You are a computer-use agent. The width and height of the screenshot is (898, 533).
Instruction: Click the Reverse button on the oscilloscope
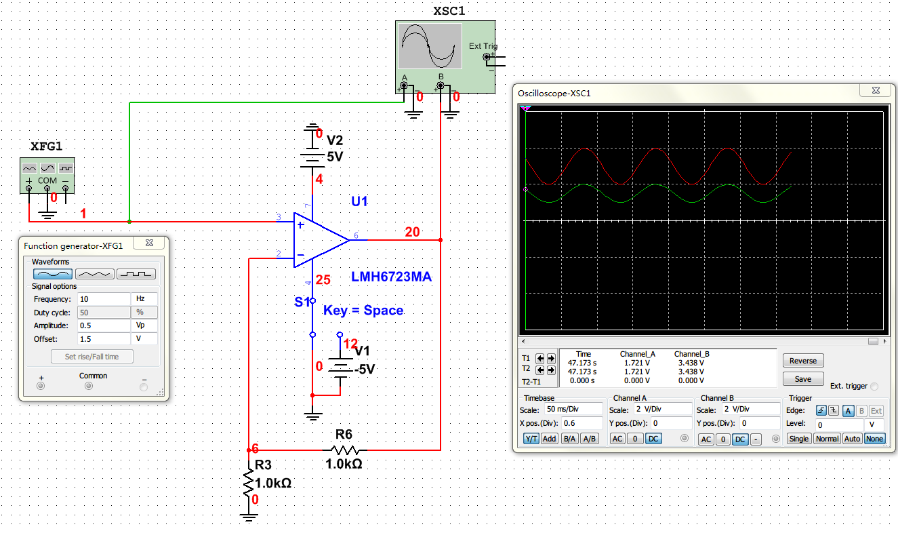point(803,361)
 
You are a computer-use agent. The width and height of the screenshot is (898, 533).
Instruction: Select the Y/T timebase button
point(531,439)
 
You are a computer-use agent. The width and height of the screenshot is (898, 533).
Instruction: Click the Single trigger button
point(799,439)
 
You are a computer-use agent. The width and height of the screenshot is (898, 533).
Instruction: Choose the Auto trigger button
point(853,439)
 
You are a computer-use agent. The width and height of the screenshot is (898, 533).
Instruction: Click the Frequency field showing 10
point(103,299)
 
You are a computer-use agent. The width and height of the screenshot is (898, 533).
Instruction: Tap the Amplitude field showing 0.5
point(103,325)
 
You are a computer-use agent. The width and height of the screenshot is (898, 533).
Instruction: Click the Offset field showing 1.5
point(103,339)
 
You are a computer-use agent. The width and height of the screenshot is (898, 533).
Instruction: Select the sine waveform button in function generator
point(53,274)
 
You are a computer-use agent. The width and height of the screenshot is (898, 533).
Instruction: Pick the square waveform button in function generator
point(136,274)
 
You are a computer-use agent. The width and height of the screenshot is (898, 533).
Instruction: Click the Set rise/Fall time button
point(91,357)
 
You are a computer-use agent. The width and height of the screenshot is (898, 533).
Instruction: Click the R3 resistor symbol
point(249,483)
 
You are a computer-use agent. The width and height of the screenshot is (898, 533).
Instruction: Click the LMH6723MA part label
point(391,277)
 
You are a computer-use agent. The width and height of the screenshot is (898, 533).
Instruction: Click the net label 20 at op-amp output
point(412,232)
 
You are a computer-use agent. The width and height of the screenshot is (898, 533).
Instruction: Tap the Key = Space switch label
point(363,311)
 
